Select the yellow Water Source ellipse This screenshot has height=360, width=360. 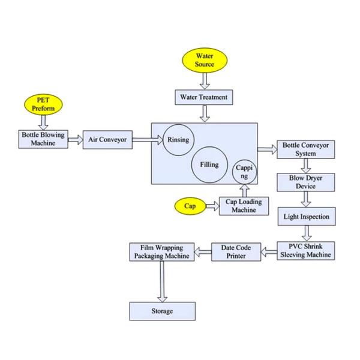204,60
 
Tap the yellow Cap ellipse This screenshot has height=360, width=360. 190,206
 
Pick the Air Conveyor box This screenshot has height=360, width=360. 108,140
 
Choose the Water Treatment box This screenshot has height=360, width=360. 204,96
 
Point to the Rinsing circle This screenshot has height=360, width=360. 178,140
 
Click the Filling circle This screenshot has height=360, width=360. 209,164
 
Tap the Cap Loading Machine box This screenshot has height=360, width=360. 244,206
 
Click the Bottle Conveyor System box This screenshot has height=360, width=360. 306,149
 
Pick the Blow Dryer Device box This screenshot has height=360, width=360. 306,182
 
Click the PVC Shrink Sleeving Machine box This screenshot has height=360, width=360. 306,251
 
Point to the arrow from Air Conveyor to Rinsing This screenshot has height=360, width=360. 148,140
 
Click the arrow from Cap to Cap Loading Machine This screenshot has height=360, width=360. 212,206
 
